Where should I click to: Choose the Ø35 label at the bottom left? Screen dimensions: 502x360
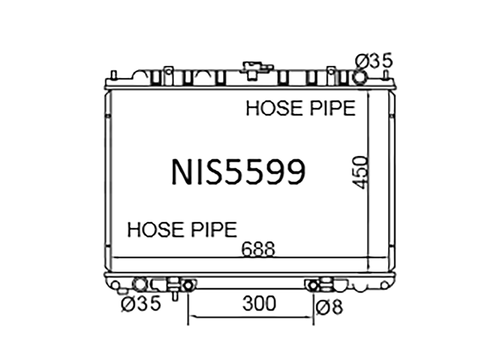click(x=141, y=303)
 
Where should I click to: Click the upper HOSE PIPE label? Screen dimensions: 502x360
click(x=301, y=108)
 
